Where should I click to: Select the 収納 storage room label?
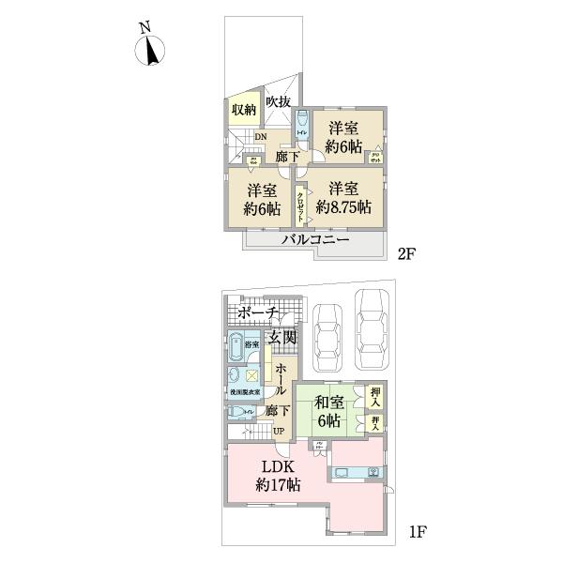coord(243,110)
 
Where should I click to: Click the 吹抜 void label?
coord(278,101)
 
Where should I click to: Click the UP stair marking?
coord(278,431)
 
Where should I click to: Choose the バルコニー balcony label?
coord(316,240)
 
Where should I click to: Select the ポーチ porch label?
coord(257,313)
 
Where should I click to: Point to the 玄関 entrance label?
coord(282,337)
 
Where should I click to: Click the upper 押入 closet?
coord(375,395)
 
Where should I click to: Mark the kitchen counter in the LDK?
coord(356,473)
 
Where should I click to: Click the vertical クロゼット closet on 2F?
coord(301,205)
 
